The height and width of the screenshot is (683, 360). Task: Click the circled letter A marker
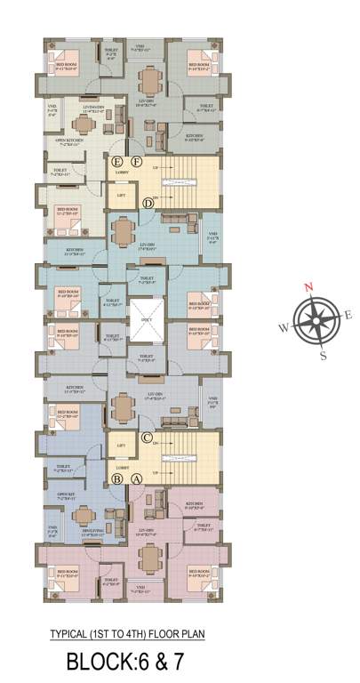coord(136,478)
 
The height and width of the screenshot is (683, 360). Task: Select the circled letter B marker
coord(116,478)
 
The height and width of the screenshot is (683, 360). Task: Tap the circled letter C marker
coord(147,438)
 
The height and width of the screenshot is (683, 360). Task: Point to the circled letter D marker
coord(148,203)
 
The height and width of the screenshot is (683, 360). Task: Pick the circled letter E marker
coord(116,161)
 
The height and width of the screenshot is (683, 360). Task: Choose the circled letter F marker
coord(136,161)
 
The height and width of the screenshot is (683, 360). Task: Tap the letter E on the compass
coord(348,314)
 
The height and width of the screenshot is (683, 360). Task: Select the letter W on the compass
coord(284,326)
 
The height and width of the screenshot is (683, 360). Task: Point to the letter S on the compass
coord(324,355)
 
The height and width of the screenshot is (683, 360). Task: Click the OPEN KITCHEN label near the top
coord(70,138)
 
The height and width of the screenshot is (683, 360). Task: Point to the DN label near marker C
coord(156,446)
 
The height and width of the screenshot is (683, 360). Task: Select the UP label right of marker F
coord(156,166)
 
